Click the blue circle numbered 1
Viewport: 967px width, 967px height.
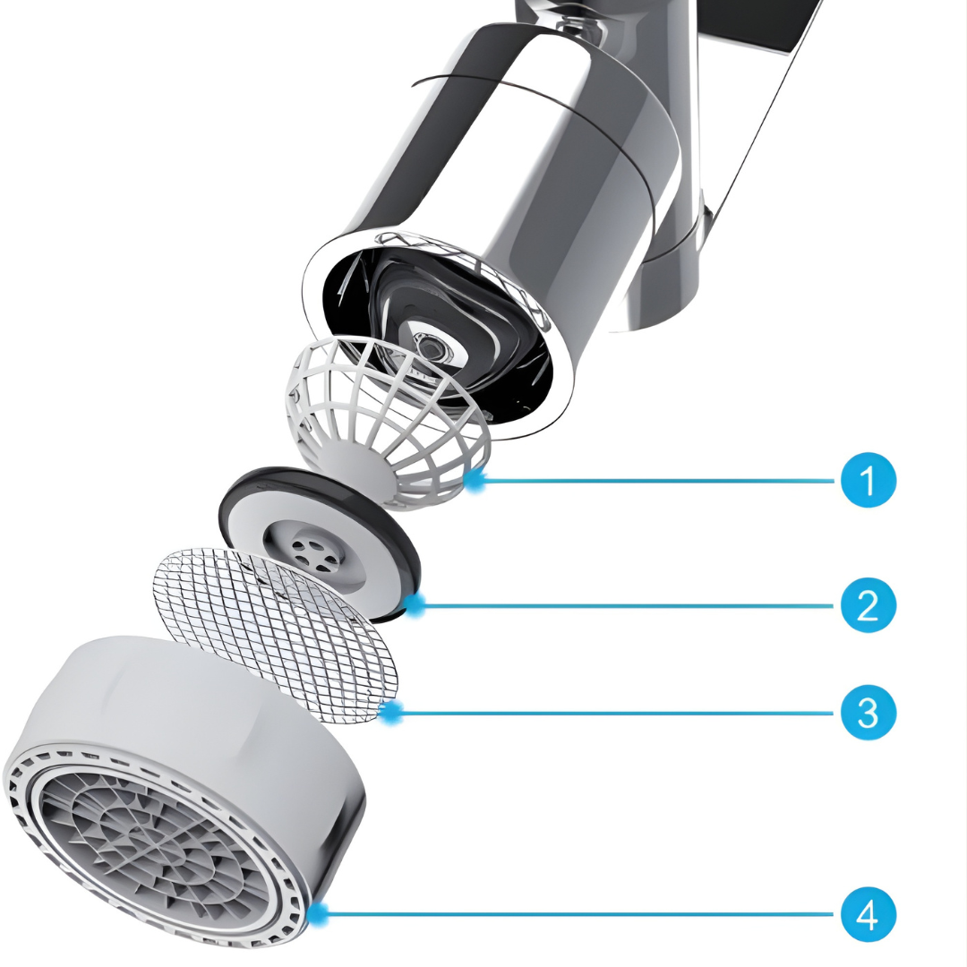pos(868,481)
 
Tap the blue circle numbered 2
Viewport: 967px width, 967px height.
pos(868,605)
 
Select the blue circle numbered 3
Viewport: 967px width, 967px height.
pos(868,713)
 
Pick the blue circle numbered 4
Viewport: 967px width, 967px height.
pos(868,914)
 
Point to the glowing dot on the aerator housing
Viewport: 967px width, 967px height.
pos(317,914)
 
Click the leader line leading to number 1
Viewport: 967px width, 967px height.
pos(654,481)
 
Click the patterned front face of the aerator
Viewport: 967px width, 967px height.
pos(152,842)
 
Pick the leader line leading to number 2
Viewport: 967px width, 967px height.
pos(627,605)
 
